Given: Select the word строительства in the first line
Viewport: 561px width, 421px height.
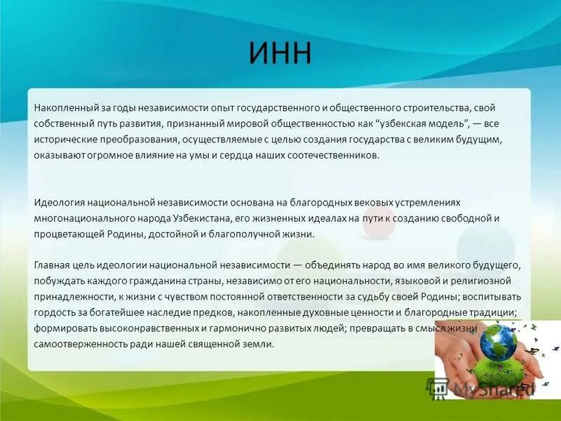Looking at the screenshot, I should point(436,109).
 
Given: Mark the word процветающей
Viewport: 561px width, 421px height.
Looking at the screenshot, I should point(65,234).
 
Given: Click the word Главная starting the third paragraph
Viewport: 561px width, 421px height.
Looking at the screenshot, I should point(53,266).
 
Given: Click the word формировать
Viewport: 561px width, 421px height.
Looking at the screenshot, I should point(65,328).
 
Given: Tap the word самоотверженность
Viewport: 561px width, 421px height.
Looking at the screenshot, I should point(78,344).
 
